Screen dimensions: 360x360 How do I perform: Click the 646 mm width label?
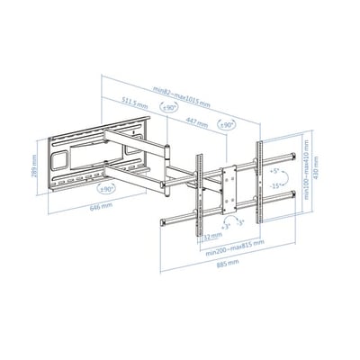click(x=76, y=206)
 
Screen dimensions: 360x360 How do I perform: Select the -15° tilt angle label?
click(x=270, y=185)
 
